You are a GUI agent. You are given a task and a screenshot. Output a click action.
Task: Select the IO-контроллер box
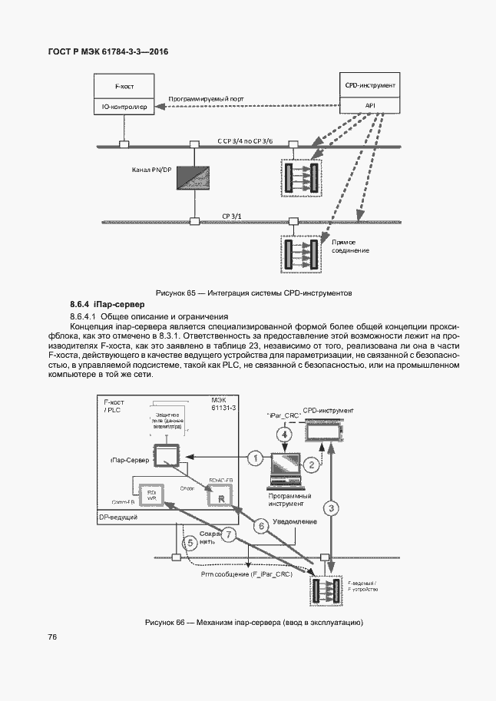click(124, 107)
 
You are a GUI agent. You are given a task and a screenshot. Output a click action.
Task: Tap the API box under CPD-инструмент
click(370, 105)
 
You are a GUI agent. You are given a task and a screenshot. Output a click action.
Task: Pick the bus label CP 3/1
click(231, 217)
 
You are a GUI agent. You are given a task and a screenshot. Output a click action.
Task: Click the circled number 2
click(311, 464)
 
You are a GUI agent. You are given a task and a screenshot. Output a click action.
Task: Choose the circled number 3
click(331, 508)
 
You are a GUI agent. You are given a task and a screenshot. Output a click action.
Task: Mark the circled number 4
click(285, 435)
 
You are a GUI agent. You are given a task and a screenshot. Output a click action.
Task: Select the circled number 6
click(260, 526)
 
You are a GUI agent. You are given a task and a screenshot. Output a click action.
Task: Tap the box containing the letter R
click(221, 498)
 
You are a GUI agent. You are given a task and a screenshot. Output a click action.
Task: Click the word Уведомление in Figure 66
click(295, 521)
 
